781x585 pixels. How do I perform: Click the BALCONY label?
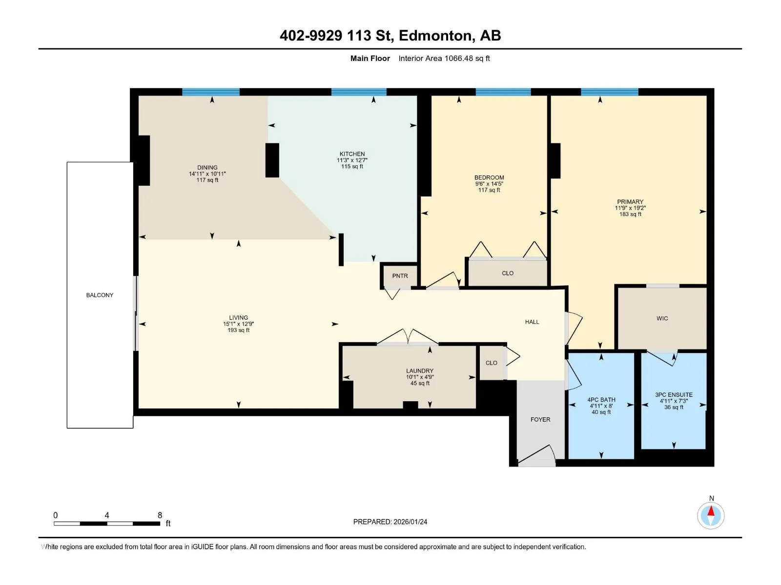(100, 295)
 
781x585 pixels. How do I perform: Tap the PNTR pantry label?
(400, 276)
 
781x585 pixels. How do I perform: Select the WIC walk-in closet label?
(662, 319)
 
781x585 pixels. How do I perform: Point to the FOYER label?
(540, 419)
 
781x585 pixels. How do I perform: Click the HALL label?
(532, 322)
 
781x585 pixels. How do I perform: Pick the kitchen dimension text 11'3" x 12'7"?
(352, 160)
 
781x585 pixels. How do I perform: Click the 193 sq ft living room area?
(238, 331)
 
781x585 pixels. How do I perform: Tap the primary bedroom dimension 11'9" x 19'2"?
(630, 208)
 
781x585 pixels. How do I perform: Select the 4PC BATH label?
(601, 400)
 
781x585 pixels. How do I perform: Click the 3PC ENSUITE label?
(674, 394)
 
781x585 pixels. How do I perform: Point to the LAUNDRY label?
(420, 371)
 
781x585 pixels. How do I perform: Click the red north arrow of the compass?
(711, 511)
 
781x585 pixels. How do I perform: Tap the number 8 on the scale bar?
(160, 515)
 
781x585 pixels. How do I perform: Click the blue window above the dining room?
(211, 92)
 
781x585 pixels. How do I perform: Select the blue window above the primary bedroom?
(610, 92)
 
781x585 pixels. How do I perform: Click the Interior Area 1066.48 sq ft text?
(444, 58)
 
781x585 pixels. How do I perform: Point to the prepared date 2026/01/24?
(410, 522)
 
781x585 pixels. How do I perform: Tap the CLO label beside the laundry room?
(491, 363)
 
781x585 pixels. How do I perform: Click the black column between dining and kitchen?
(272, 160)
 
